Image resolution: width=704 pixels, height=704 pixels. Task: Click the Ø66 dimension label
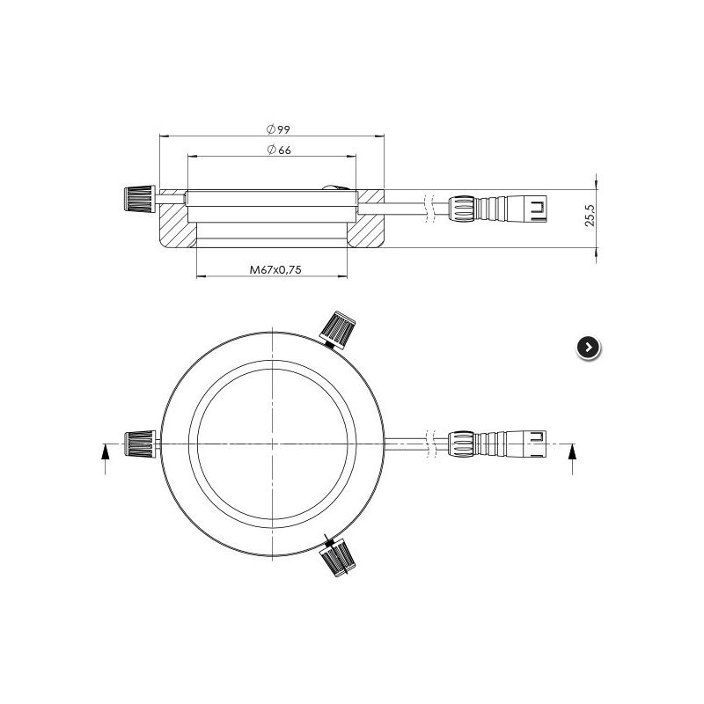point(278,150)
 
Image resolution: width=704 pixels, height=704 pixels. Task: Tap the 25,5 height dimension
point(590,216)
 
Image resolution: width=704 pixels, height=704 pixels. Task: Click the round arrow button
point(589,348)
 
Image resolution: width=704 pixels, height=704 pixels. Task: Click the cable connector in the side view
point(499,209)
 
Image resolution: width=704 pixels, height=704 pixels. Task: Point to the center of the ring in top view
point(275,445)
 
